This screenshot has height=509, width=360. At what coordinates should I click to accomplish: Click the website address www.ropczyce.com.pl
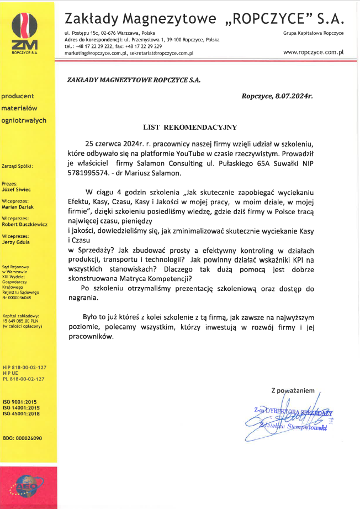click(x=313, y=52)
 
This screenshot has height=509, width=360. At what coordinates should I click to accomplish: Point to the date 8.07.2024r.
click(x=292, y=96)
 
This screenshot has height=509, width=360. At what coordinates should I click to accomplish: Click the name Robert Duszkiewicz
click(x=25, y=225)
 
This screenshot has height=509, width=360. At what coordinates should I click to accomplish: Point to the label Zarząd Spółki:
click(x=18, y=166)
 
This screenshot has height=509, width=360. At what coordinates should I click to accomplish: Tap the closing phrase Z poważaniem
click(x=293, y=390)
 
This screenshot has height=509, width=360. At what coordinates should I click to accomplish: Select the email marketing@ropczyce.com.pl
click(x=97, y=53)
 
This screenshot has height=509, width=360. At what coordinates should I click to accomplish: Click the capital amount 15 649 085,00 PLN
click(x=22, y=320)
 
